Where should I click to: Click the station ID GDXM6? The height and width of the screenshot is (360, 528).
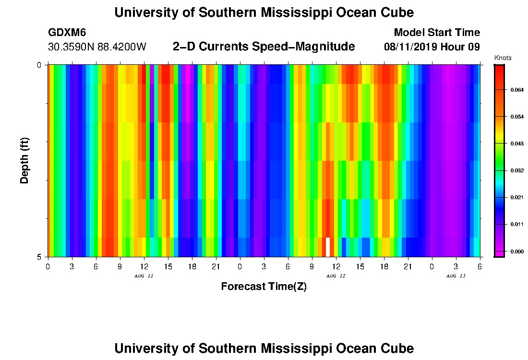(67, 33)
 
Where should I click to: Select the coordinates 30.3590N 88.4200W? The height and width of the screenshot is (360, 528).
(97, 47)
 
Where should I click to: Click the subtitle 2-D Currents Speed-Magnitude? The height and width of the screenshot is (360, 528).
(264, 47)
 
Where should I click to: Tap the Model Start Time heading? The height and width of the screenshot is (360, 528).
(436, 33)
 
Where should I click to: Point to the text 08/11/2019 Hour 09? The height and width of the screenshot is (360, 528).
(432, 47)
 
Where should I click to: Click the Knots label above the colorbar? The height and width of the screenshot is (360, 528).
(503, 58)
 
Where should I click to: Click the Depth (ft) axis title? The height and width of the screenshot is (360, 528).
(25, 160)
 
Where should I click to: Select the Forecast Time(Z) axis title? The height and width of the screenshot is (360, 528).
(264, 287)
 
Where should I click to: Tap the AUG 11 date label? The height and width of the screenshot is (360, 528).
(144, 276)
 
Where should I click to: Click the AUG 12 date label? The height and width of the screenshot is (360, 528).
(336, 276)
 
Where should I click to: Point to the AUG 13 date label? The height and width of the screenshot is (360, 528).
(456, 276)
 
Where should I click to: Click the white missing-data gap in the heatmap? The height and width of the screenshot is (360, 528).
(328, 247)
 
